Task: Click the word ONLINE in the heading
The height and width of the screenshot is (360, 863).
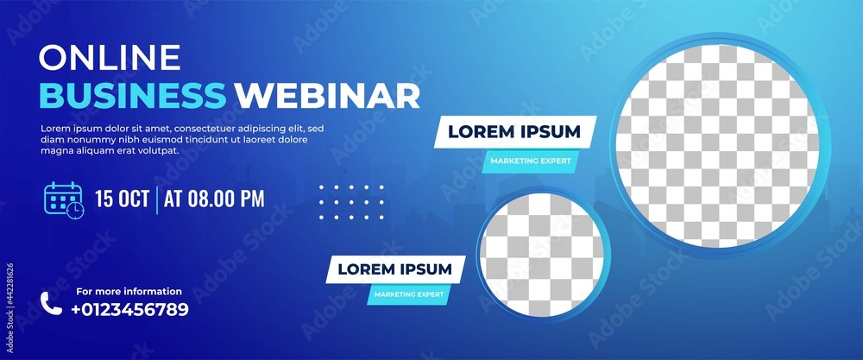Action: point(110,58)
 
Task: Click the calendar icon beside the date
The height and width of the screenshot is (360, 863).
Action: point(63,199)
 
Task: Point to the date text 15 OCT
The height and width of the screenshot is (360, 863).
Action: point(122,199)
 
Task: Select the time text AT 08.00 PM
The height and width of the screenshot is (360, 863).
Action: point(214,199)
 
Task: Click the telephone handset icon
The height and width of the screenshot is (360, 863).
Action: point(51,303)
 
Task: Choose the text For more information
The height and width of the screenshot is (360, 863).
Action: point(129,292)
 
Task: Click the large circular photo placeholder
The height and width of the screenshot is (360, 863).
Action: point(716,142)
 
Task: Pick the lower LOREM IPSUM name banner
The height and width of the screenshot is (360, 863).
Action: point(394,269)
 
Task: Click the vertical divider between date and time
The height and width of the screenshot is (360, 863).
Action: point(157,199)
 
